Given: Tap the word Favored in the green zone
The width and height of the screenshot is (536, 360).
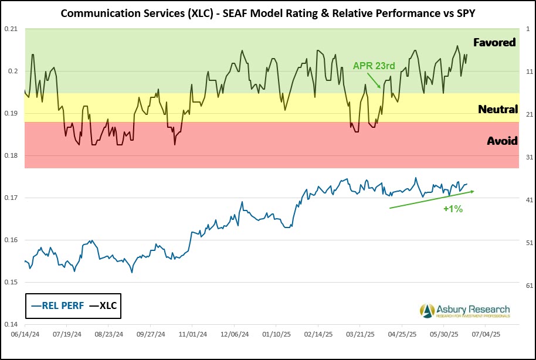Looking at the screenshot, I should (x=495, y=42).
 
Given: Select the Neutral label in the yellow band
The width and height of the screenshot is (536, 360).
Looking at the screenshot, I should (x=498, y=109).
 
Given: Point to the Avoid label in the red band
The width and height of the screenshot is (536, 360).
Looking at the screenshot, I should (x=502, y=141).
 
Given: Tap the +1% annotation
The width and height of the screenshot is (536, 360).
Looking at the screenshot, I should (x=453, y=209).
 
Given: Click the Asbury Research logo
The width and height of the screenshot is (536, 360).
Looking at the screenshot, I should (x=464, y=311).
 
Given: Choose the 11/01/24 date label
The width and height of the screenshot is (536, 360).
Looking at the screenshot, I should (x=192, y=334).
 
